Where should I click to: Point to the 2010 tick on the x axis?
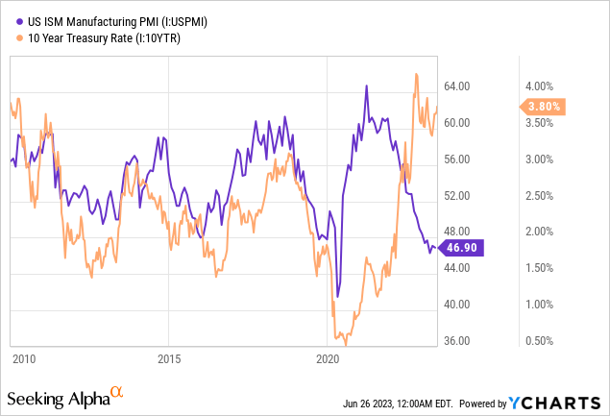24,359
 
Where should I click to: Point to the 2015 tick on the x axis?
168,359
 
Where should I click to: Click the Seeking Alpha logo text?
57,398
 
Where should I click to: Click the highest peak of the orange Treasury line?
416,74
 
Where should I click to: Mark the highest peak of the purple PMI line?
367,86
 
